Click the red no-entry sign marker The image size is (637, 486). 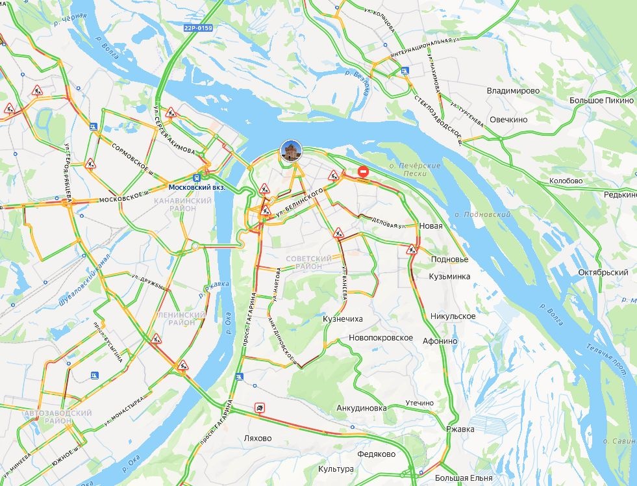tap(364, 172)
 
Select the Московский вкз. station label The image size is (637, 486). tap(197, 186)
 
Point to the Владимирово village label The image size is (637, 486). tap(513, 91)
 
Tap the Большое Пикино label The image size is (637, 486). tap(601, 101)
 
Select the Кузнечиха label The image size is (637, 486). tap(342, 319)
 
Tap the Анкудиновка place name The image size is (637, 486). tap(362, 408)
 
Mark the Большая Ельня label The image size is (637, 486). tap(464, 478)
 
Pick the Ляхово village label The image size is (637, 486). tap(256, 438)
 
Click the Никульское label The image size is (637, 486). tap(453, 316)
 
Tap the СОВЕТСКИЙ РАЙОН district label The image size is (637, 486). tap(308, 262)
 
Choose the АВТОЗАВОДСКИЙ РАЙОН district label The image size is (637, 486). tap(49, 417)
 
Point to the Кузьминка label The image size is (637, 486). tap(449, 276)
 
